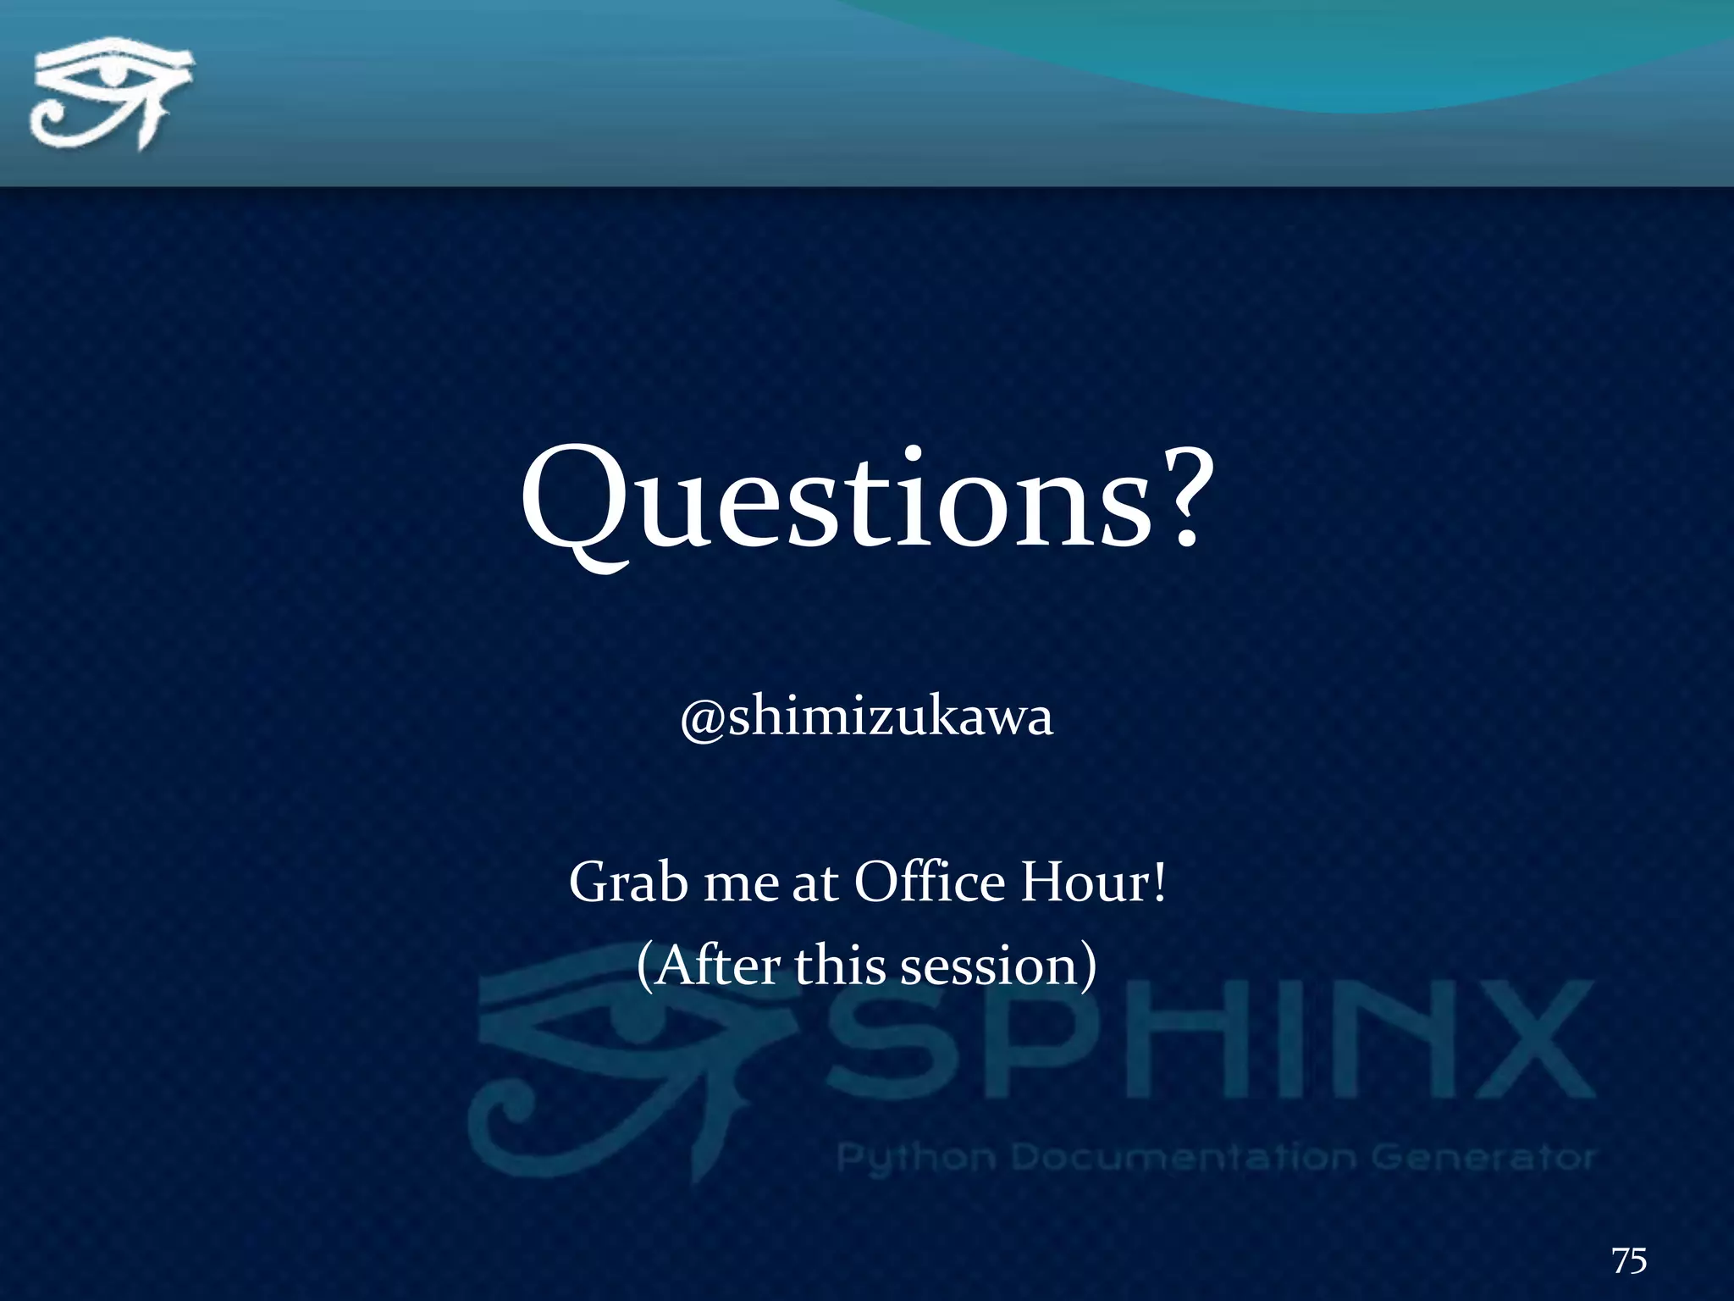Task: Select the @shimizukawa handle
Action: coord(867,717)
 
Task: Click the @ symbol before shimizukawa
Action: coord(702,720)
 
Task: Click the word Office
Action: coord(929,882)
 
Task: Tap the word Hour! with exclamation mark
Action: coord(1093,882)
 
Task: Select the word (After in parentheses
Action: coord(708,965)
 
